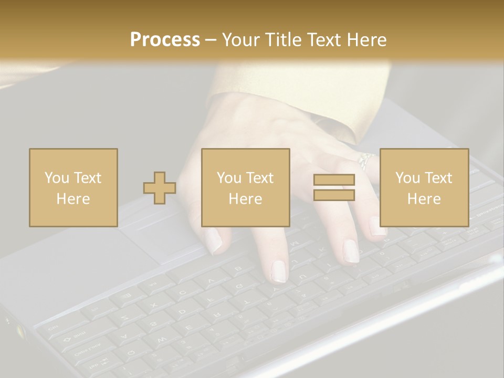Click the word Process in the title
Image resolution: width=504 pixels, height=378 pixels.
(165, 39)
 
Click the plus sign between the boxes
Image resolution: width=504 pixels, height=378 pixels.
(160, 188)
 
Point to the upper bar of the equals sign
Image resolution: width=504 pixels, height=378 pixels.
(334, 180)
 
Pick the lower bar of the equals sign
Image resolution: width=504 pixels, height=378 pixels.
(334, 195)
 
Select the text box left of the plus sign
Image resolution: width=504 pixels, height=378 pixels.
(73, 188)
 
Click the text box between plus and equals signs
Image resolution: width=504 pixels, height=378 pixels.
(246, 188)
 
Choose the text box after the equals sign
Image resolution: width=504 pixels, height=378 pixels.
(424, 188)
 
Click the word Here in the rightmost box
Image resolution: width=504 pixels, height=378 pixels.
(424, 199)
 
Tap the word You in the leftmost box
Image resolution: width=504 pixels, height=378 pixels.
(57, 178)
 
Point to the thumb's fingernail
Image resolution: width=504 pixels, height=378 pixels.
(213, 240)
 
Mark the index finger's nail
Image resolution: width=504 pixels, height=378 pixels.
(278, 271)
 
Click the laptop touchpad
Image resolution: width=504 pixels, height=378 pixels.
(157, 236)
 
